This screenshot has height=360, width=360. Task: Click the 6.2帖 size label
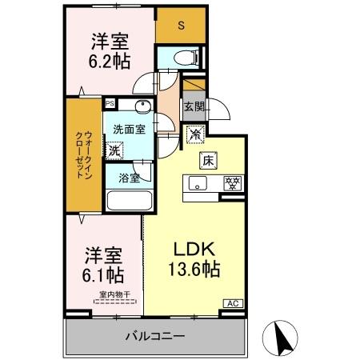(x=107, y=61)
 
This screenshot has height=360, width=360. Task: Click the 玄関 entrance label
(x=194, y=106)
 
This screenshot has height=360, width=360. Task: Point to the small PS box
(x=110, y=102)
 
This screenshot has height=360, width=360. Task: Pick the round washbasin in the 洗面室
(x=142, y=108)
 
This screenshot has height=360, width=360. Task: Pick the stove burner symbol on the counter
(x=231, y=182)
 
